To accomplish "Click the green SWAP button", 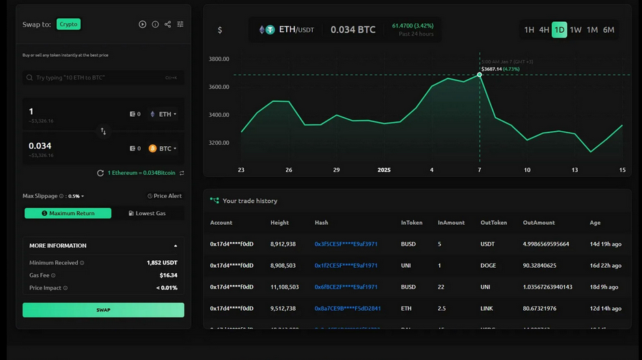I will pos(103,310).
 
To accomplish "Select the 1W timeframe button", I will pos(576,30).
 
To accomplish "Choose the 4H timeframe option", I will pos(544,30).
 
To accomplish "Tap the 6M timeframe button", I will pos(609,30).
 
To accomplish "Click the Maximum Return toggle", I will pos(68,213).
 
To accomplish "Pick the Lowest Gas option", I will pos(148,213).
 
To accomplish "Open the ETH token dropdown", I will pos(165,114).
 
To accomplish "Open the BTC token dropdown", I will pos(164,148).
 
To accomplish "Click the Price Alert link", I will pos(165,196).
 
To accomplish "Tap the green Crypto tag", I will pos(68,24).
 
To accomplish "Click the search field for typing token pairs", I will pos(103,78).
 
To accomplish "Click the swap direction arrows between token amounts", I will pos(103,131).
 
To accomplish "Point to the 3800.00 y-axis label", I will pos(219,59).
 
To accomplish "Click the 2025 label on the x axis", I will pos(385,170).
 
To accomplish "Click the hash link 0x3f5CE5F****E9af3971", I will pos(346,244).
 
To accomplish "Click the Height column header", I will pos(279,223).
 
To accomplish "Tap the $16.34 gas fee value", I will pos(168,275).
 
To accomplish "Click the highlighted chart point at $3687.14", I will pos(479,74).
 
